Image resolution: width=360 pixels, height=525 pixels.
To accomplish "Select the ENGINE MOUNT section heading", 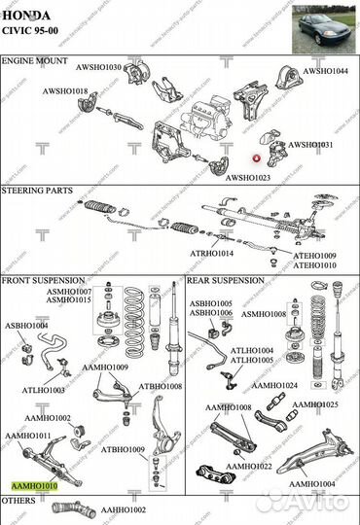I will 36,60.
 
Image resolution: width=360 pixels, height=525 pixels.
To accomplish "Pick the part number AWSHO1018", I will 64,91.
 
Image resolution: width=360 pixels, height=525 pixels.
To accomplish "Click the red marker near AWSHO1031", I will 257,157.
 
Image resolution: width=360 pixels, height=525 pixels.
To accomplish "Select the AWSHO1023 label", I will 250,178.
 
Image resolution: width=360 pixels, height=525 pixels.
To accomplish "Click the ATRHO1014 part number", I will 211,253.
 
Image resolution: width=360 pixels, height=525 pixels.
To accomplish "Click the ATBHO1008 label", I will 160,386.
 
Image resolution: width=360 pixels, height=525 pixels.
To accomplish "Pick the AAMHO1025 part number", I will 315,403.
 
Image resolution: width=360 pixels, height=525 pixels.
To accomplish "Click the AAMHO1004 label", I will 311,483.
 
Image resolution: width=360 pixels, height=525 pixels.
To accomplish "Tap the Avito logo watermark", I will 309,500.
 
